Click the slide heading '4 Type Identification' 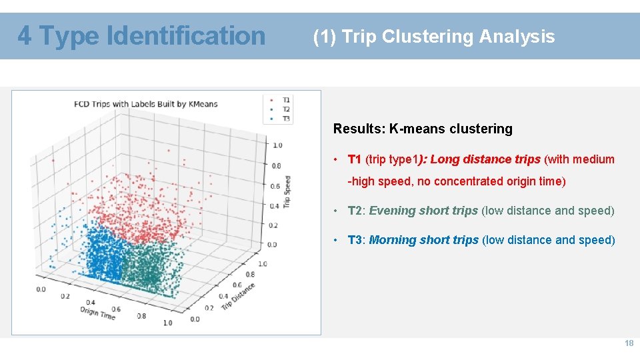(x=141, y=35)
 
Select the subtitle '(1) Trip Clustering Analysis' (x=434, y=37)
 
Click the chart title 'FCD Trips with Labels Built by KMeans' (x=145, y=104)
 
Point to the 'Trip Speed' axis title (x=287, y=191)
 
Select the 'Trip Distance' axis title (x=238, y=295)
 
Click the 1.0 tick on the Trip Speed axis (x=277, y=145)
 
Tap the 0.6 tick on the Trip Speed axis (x=275, y=186)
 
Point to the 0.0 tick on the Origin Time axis (x=41, y=289)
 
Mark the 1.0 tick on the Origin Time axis (x=167, y=323)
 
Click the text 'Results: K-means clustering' (x=423, y=129)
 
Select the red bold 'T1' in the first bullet (x=355, y=159)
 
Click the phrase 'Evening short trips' (x=423, y=211)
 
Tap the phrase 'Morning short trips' (x=423, y=240)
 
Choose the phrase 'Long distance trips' (x=485, y=159)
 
